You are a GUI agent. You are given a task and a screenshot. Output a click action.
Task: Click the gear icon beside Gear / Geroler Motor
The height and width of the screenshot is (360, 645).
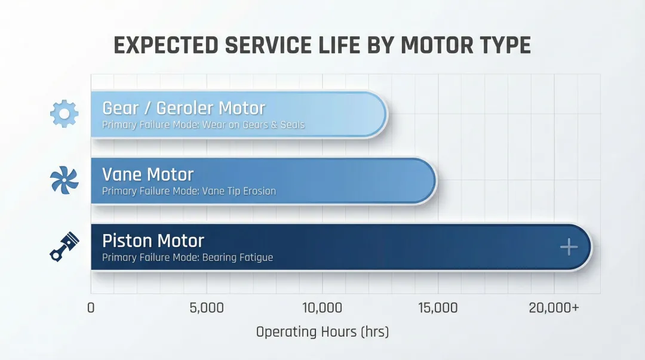(64, 114)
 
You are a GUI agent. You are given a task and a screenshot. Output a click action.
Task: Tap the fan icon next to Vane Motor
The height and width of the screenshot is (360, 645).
(64, 180)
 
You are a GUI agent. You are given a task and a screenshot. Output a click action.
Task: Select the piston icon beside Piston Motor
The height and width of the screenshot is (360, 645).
(64, 246)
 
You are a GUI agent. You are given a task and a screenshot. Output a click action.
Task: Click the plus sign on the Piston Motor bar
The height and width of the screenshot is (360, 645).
(569, 247)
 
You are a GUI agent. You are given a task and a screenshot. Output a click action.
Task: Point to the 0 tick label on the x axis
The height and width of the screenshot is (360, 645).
(91, 308)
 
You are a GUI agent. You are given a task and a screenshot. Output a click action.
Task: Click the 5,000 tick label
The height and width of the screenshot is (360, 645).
(206, 308)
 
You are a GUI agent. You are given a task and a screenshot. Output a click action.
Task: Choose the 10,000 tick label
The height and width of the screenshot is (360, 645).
(322, 308)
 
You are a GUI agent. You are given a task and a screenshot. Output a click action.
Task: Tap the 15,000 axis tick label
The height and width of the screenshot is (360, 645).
(438, 308)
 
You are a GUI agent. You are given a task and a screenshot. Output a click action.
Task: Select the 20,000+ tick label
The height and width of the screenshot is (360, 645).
(554, 308)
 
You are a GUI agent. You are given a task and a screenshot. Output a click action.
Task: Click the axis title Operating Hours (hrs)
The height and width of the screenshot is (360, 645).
(322, 332)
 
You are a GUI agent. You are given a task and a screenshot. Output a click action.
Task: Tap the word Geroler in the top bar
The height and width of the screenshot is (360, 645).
(183, 108)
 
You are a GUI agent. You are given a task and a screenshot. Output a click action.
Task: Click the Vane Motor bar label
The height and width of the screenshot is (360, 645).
(148, 174)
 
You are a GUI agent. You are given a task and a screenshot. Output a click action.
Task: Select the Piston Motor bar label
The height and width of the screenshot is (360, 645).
(153, 241)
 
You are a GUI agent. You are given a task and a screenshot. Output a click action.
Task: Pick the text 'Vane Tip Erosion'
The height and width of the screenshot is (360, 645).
(239, 192)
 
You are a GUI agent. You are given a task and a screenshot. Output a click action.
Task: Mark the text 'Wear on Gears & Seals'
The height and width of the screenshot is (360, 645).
(253, 125)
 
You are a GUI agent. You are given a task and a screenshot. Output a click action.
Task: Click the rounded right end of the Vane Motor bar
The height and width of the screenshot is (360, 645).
(429, 180)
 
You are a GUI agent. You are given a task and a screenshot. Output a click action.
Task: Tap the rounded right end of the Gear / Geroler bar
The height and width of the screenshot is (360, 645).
(380, 114)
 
